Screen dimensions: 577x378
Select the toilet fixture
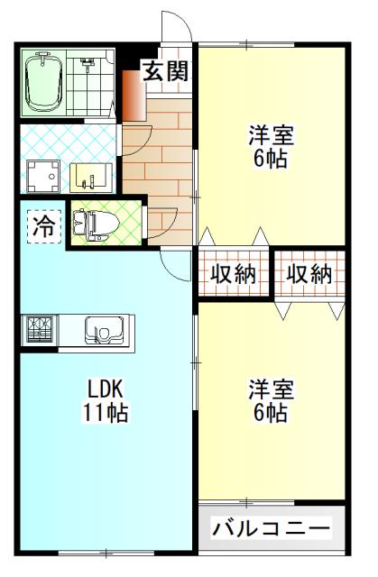tap(93, 223)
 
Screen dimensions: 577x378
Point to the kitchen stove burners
tap(39, 329)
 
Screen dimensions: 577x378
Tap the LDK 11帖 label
tap(106, 401)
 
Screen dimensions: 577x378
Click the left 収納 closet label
tap(234, 273)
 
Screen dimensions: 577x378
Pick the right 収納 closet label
tap(309, 273)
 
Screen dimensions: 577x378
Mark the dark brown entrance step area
tap(133, 95)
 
